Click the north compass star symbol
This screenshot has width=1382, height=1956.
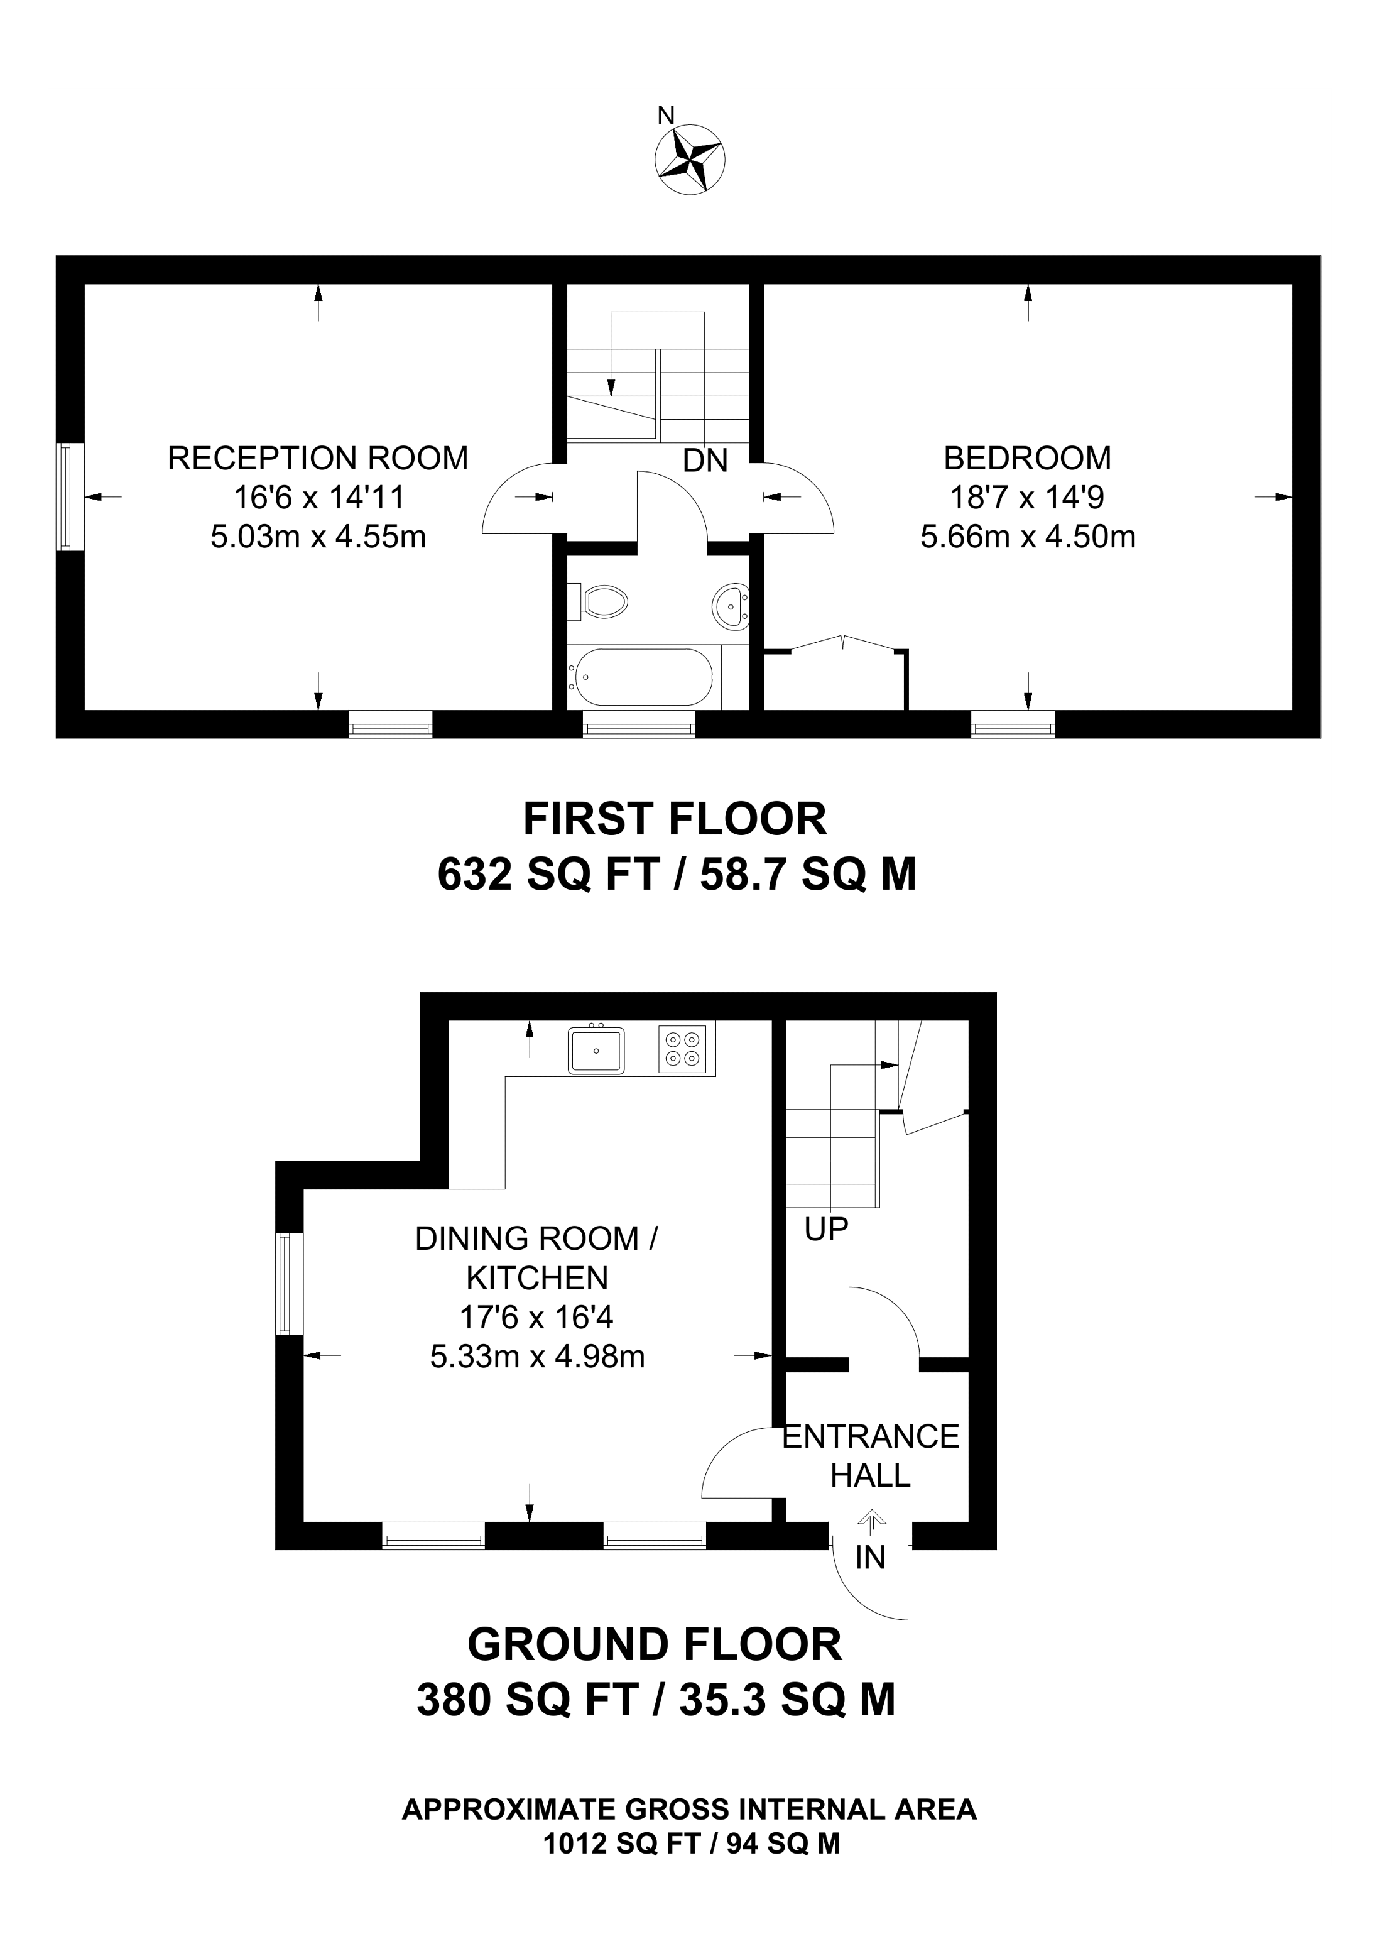pos(690,158)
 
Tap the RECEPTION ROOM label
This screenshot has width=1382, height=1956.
pos(318,458)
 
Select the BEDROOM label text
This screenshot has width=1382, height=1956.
pos(1027,458)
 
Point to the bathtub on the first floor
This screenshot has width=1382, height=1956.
pos(643,677)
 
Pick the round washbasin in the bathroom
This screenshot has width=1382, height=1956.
pos(731,606)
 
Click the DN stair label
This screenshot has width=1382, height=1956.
pos(705,461)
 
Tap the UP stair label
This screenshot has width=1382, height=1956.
pos(826,1228)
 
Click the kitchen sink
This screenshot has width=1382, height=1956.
pos(597,1051)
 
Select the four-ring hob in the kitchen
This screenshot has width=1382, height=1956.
pos(682,1049)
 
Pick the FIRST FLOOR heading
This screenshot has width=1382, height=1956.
pos(675,819)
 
